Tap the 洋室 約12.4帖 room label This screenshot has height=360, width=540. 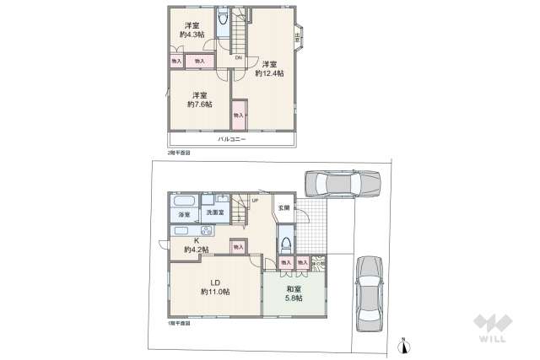[x=269, y=68]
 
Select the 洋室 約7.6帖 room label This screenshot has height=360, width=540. [x=199, y=99]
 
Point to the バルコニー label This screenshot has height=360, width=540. [x=231, y=139]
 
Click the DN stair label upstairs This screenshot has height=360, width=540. [x=239, y=57]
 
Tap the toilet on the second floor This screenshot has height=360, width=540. [x=224, y=21]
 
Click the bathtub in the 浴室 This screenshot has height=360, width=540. [x=184, y=202]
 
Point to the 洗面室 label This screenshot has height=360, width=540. [x=215, y=213]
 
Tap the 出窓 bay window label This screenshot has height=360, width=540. [x=299, y=36]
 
